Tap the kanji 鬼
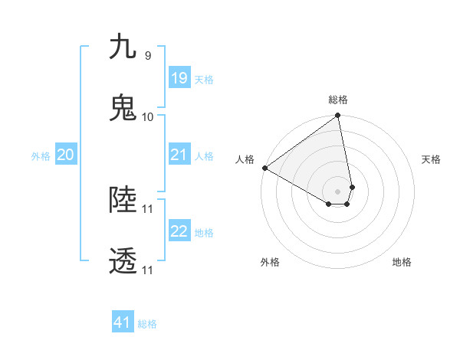pos(123,107)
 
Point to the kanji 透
pos(123,261)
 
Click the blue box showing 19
pos(179,78)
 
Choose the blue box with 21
pos(179,155)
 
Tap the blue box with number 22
pos(179,231)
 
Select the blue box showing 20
pos(65,155)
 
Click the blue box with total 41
pos(123,322)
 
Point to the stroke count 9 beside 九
pos(147,55)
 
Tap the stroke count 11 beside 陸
pos(148,208)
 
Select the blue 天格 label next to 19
pos(204,79)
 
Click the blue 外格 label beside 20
pos(41,155)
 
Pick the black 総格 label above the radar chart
pos(338,100)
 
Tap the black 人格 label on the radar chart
pos(245,159)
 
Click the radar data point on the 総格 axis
pos(338,116)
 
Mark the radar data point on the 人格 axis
pos(264,168)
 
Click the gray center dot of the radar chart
pos(338,191)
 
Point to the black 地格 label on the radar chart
pos(402,262)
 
